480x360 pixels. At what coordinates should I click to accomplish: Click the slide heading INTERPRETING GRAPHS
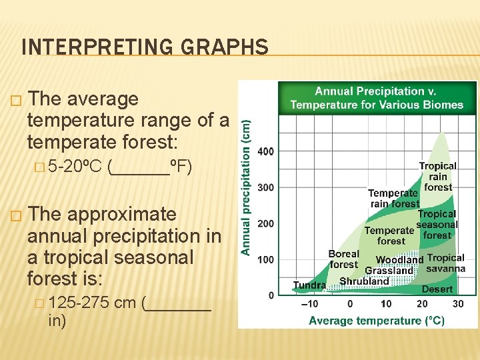pyautogui.click(x=145, y=47)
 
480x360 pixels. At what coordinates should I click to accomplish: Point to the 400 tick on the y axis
pyautogui.click(x=265, y=151)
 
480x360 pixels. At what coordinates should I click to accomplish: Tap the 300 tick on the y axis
pyautogui.click(x=265, y=187)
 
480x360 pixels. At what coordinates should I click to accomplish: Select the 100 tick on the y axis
pyautogui.click(x=265, y=259)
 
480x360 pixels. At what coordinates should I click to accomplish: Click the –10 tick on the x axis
pyautogui.click(x=310, y=304)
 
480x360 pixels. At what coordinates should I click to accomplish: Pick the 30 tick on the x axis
pyautogui.click(x=458, y=304)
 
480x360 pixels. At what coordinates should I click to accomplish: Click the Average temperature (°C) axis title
pyautogui.click(x=377, y=321)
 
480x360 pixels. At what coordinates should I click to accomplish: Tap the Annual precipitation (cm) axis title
pyautogui.click(x=245, y=187)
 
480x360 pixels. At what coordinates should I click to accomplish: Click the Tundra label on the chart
pyautogui.click(x=309, y=285)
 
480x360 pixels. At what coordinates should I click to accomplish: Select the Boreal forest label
pyautogui.click(x=344, y=259)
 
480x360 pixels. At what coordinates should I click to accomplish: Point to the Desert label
pyautogui.click(x=437, y=289)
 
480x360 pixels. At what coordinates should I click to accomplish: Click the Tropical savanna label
pyautogui.click(x=446, y=263)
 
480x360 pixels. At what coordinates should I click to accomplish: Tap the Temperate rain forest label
pyautogui.click(x=393, y=198)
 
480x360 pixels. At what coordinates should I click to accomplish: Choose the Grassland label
pyautogui.click(x=389, y=271)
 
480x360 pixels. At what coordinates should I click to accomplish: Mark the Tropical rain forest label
pyautogui.click(x=438, y=177)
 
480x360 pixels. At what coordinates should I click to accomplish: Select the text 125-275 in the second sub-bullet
pyautogui.click(x=79, y=303)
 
